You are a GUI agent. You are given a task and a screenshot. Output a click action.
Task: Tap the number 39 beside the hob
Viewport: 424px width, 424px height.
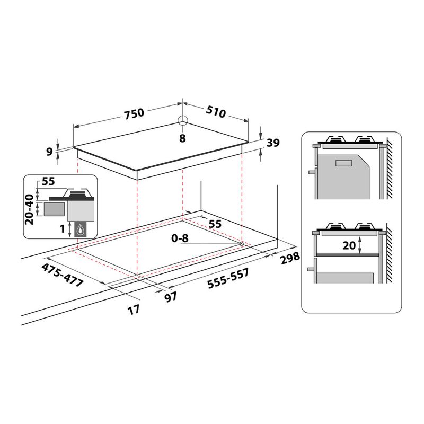pyautogui.click(x=272, y=143)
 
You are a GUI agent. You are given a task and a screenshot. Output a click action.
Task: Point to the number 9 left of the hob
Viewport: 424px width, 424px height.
pyautogui.click(x=50, y=152)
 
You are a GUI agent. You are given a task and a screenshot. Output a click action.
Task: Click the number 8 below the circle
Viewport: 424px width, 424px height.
pyautogui.click(x=182, y=138)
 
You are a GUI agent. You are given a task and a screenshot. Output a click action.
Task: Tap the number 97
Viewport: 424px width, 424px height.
pyautogui.click(x=170, y=297)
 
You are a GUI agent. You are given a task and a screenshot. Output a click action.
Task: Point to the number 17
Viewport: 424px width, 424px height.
pyautogui.click(x=134, y=309)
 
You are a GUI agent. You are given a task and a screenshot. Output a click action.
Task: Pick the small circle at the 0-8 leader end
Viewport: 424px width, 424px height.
pyautogui.click(x=241, y=244)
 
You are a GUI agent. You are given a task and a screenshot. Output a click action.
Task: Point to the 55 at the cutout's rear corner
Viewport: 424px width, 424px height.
pyautogui.click(x=214, y=224)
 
